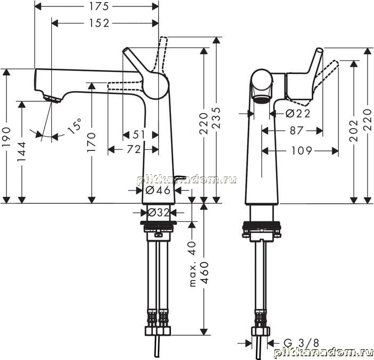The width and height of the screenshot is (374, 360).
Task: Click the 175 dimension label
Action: click(x=99, y=6)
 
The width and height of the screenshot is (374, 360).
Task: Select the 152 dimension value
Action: click(x=99, y=23)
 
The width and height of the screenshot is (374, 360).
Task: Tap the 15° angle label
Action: click(x=74, y=125)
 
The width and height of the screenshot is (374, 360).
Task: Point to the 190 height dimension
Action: click(x=6, y=137)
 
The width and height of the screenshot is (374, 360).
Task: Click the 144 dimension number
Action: click(x=22, y=151)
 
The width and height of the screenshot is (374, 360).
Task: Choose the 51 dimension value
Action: click(x=139, y=134)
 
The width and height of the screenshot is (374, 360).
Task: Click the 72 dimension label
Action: click(x=134, y=149)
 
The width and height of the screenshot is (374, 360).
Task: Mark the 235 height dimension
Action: click(x=216, y=118)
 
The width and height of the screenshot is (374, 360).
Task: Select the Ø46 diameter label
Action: click(x=158, y=190)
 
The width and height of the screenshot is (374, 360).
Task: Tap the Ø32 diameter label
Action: click(x=158, y=212)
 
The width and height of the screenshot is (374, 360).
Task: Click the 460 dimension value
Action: click(x=205, y=273)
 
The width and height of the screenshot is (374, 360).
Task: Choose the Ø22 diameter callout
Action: click(x=298, y=114)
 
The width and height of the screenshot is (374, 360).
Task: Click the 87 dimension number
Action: click(x=296, y=130)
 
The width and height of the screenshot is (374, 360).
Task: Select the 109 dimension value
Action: click(x=302, y=150)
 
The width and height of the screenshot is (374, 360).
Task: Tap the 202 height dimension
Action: click(x=354, y=130)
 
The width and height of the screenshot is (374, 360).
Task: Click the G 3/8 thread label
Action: click(x=302, y=343)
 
